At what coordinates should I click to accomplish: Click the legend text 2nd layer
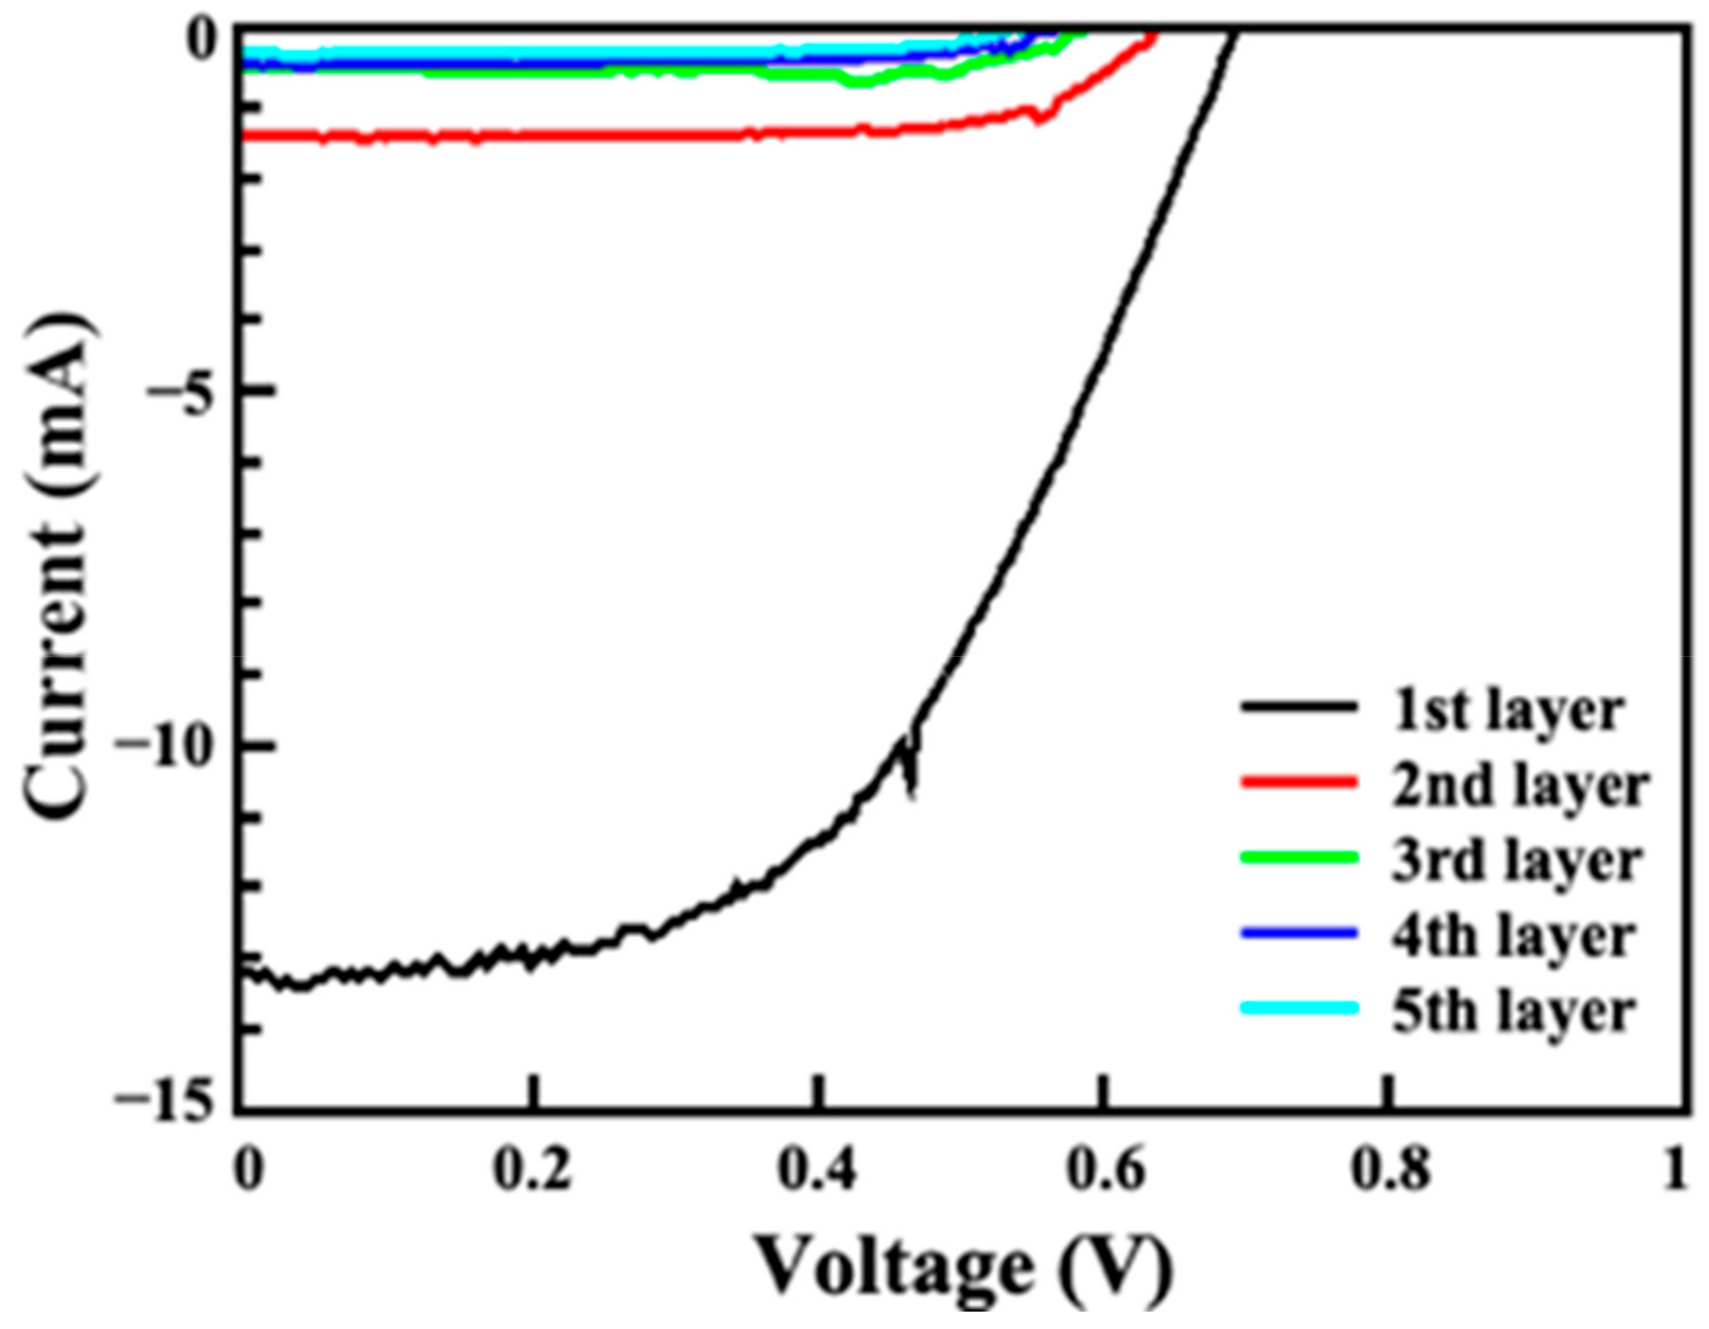click(x=1518, y=786)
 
